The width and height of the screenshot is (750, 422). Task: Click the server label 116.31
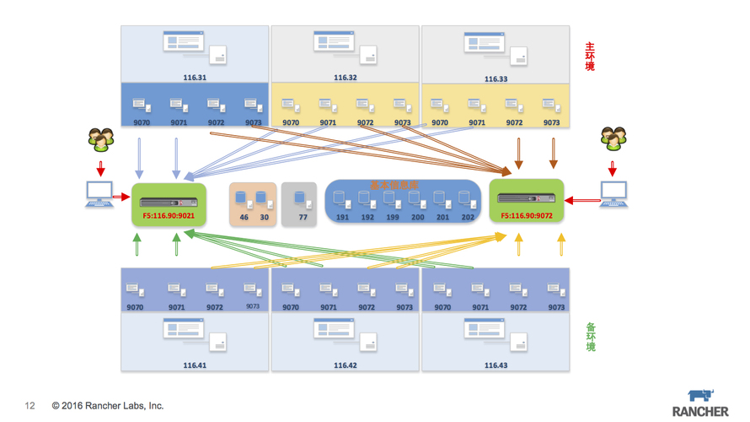[195, 78]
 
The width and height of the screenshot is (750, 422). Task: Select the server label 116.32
[346, 78]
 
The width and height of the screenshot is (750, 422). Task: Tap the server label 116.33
[496, 78]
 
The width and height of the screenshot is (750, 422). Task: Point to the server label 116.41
[195, 365]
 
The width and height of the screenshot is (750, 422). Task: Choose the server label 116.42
[346, 365]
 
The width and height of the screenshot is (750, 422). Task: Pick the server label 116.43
[496, 365]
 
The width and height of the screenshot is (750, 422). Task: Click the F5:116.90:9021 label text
[169, 215]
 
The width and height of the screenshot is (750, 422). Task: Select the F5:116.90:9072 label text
[527, 215]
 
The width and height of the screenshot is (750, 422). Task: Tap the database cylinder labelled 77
[300, 200]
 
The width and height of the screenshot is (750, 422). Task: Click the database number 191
[342, 217]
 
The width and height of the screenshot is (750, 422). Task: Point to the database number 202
[468, 217]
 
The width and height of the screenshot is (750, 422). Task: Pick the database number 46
[244, 217]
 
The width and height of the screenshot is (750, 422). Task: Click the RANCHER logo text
[700, 411]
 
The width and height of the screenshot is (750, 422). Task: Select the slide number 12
[30, 406]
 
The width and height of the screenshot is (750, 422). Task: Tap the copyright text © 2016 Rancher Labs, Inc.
[108, 406]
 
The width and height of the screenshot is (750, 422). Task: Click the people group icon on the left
[101, 139]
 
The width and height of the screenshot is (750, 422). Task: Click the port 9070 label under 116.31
[142, 122]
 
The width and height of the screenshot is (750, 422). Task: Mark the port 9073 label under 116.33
[552, 122]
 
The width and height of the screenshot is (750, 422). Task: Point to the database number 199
[393, 217]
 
